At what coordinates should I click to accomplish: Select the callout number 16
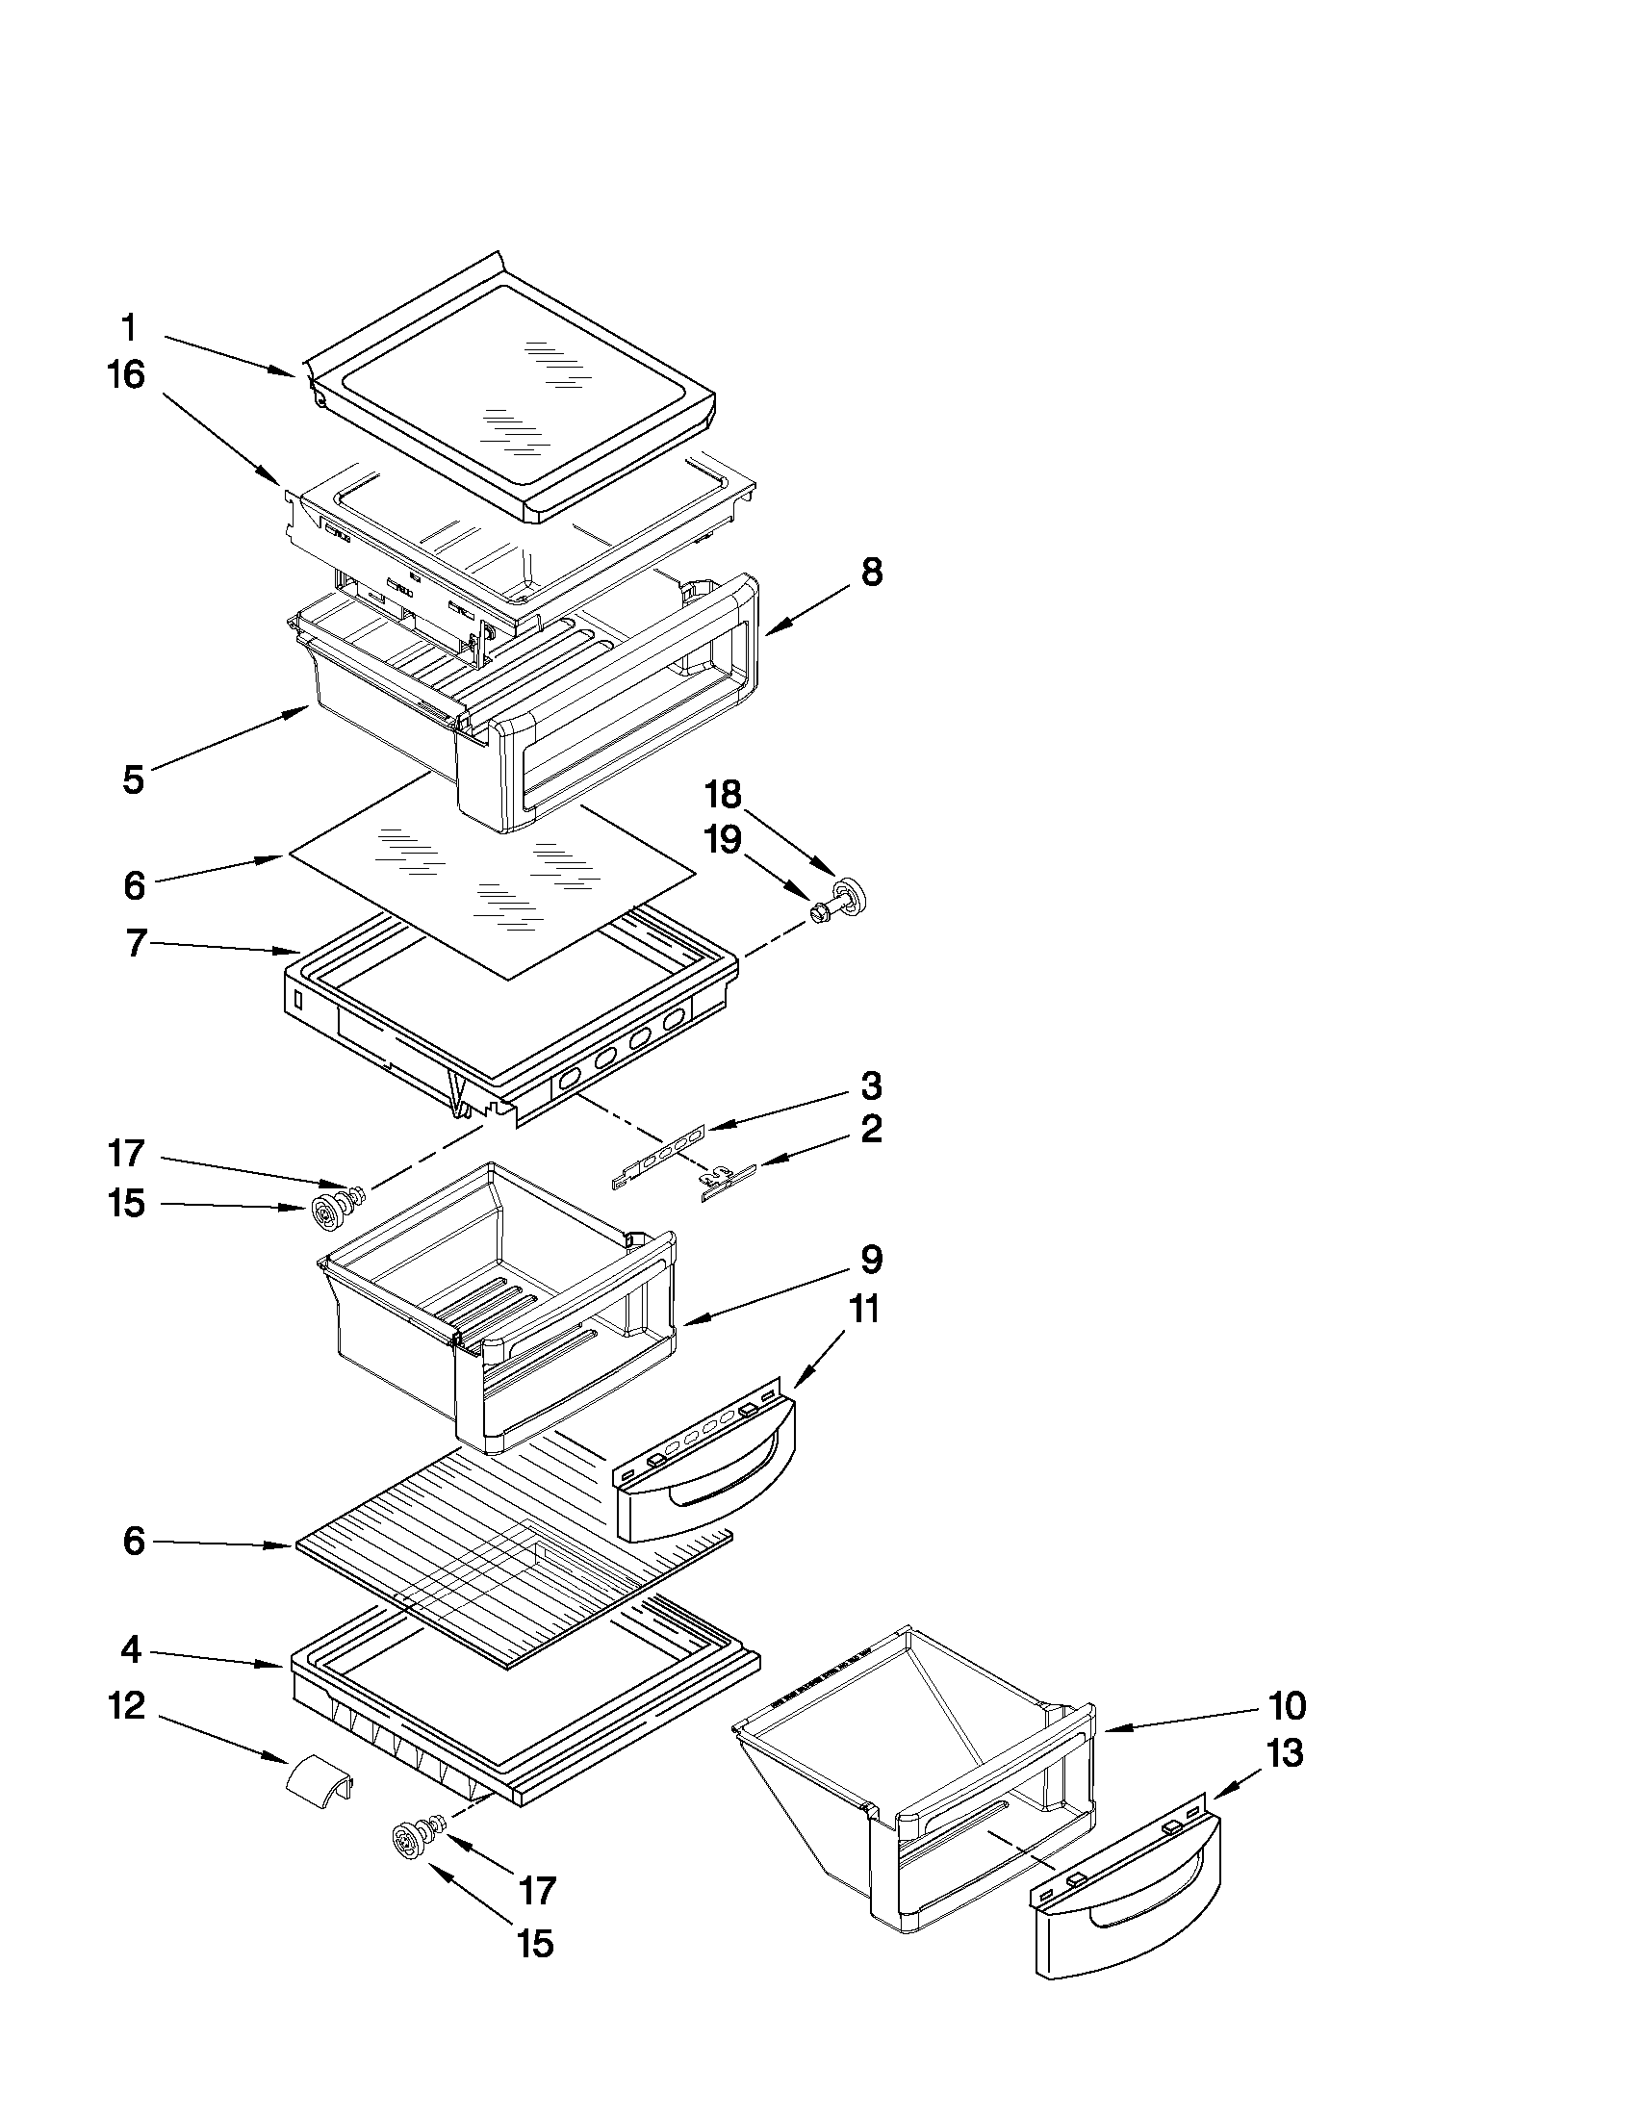pos(126,374)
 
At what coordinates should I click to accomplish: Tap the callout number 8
pos(872,573)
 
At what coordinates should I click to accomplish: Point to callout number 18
pos(723,795)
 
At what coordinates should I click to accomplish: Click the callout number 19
pos(723,840)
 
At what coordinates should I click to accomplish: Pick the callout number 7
pos(137,943)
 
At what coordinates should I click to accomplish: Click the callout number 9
pos(870,1260)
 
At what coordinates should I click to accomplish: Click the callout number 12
pos(126,1706)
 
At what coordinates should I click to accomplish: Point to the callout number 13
pos(1285,1753)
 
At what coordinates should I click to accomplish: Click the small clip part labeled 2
pos(728,1183)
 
